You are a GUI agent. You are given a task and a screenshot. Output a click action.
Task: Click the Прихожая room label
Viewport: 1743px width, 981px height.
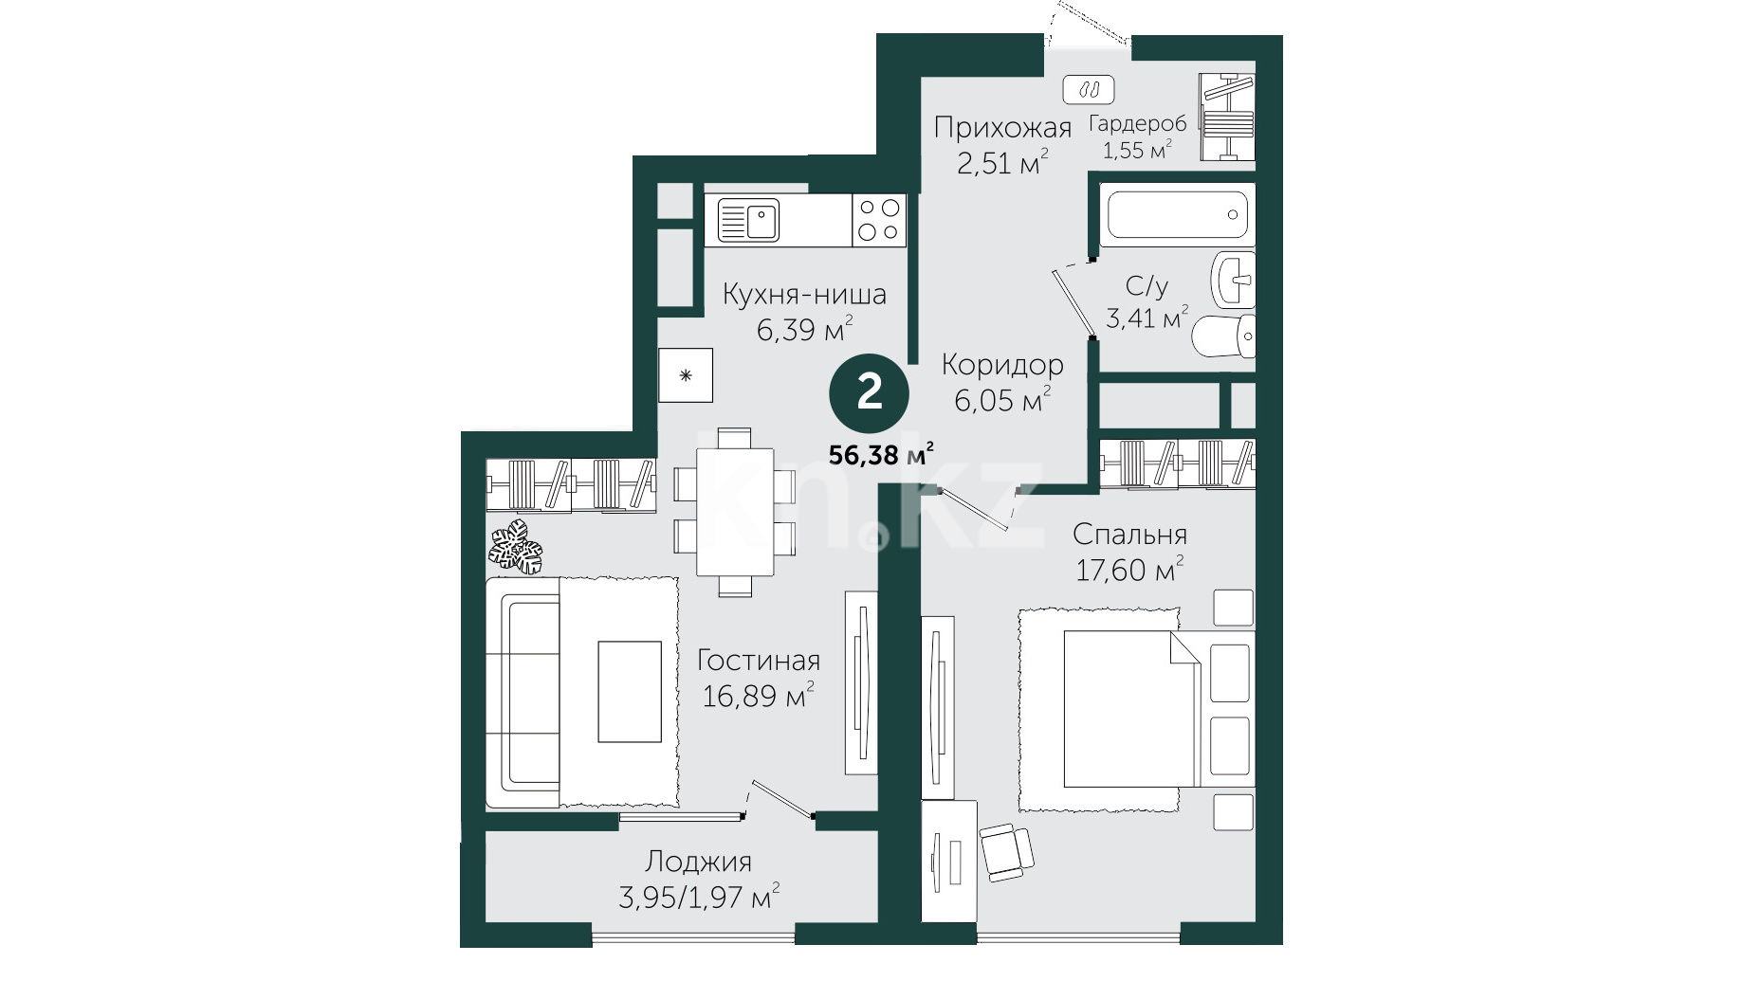(1002, 128)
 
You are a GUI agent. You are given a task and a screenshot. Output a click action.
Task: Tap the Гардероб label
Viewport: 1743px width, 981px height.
(1137, 123)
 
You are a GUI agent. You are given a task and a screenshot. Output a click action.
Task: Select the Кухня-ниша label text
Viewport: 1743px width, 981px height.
(804, 294)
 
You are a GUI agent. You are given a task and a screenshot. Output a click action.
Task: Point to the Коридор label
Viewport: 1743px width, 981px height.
(1002, 365)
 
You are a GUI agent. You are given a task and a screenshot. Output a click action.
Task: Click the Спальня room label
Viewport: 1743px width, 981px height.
(1129, 535)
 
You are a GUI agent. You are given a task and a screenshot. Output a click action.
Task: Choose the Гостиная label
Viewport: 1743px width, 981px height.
(759, 660)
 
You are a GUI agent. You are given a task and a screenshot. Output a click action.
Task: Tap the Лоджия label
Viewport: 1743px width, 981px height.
(698, 862)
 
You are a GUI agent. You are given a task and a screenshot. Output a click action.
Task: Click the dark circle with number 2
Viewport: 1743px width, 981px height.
(870, 391)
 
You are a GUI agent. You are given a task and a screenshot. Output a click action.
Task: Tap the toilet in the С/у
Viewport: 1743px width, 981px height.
(1223, 336)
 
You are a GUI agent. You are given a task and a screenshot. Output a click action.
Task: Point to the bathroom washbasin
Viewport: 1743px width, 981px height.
(1234, 279)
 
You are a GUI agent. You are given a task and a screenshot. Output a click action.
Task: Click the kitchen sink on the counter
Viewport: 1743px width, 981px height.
(748, 220)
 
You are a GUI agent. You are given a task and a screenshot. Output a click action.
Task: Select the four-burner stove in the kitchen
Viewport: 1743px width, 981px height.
(879, 220)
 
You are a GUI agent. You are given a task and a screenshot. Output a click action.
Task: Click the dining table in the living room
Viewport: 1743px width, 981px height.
(735, 512)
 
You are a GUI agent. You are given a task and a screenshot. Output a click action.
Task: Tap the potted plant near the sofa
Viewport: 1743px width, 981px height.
(516, 546)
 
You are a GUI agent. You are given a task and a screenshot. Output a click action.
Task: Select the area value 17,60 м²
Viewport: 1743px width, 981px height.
(1129, 571)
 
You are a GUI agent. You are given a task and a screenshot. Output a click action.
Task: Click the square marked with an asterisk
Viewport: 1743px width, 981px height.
(686, 376)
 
